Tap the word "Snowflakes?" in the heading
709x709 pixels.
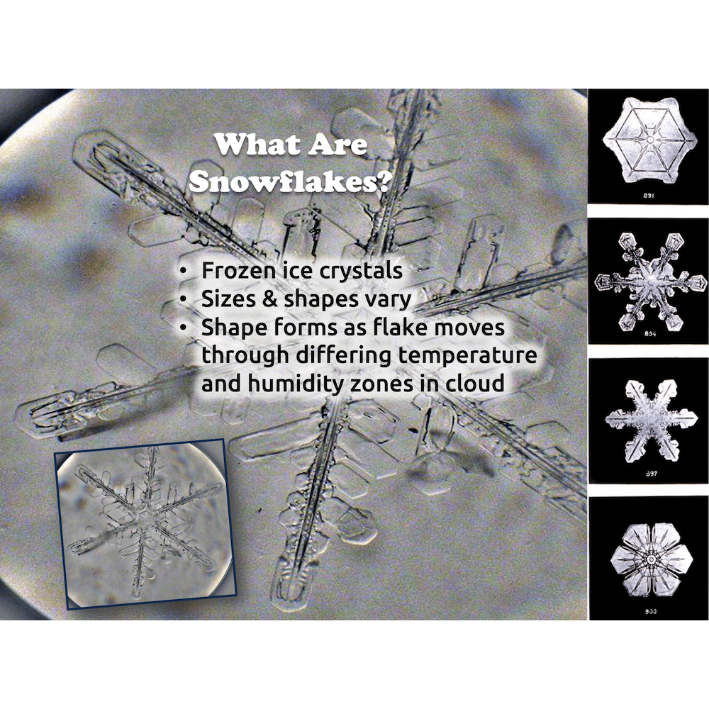point(291,182)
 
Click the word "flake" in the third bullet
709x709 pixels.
point(406,328)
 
